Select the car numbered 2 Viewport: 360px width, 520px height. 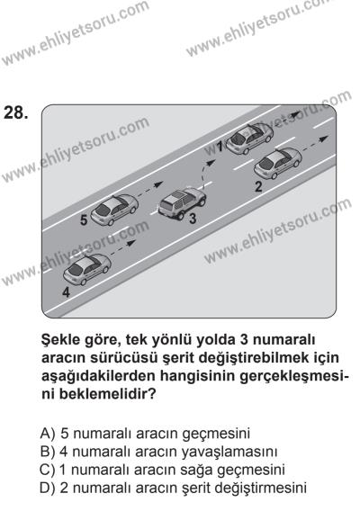tap(279, 166)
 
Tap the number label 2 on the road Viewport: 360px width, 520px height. tap(257, 187)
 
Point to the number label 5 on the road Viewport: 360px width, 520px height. tap(84, 219)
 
